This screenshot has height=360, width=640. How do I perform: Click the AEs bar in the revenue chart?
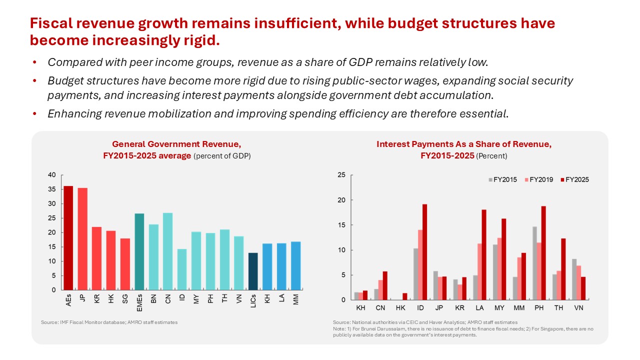(x=68, y=238)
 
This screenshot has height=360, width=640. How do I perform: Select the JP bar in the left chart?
(x=82, y=239)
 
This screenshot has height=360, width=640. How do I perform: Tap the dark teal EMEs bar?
(x=139, y=251)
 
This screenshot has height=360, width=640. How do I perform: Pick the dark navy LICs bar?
(x=253, y=271)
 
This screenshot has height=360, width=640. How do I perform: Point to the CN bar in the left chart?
(x=167, y=251)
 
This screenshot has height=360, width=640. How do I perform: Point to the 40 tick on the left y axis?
(x=52, y=175)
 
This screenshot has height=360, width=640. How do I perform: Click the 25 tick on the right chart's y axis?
(x=342, y=175)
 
